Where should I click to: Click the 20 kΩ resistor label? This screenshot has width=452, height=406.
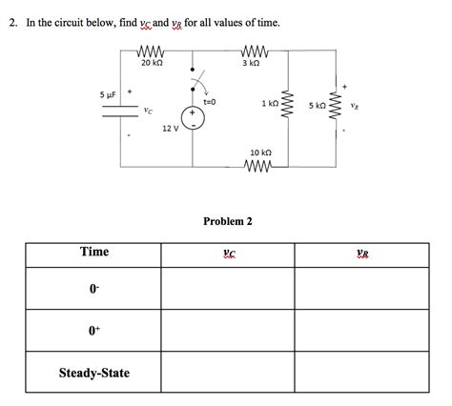(x=151, y=62)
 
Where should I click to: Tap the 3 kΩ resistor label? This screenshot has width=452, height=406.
(x=252, y=62)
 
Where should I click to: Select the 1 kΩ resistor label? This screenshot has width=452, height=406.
(x=269, y=102)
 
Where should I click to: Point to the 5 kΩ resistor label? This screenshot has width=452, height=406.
(x=317, y=105)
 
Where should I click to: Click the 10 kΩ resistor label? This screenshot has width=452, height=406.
(x=260, y=152)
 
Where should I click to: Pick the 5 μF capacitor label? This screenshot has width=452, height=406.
(x=108, y=94)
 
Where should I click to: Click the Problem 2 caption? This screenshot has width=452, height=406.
(x=227, y=221)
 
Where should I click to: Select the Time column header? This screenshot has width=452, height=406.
(x=94, y=253)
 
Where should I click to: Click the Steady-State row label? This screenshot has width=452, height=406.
(x=94, y=373)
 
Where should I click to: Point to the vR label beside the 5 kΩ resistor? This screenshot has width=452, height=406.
(x=354, y=106)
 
